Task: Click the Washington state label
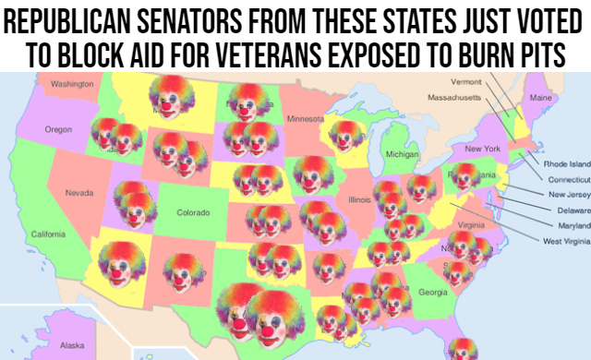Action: pyautogui.click(x=72, y=84)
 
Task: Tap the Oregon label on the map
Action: pyautogui.click(x=58, y=129)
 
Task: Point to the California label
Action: pyautogui.click(x=48, y=234)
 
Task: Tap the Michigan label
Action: pyautogui.click(x=403, y=154)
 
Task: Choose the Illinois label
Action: pyautogui.click(x=360, y=198)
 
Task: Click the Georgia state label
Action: pyautogui.click(x=433, y=293)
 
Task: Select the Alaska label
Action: pyautogui.click(x=71, y=345)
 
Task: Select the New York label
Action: pyautogui.click(x=482, y=149)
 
